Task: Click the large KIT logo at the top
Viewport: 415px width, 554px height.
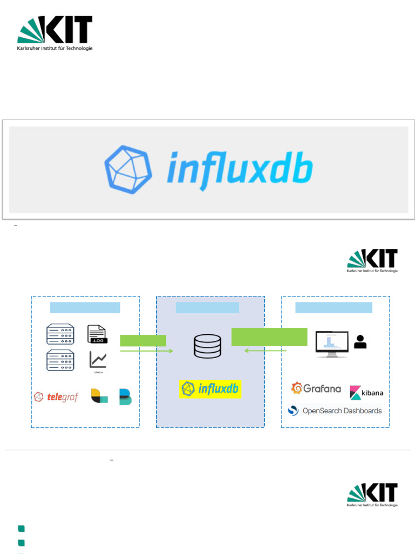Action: click(x=55, y=33)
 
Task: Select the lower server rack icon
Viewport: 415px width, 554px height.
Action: click(x=60, y=360)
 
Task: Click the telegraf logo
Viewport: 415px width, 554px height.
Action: click(x=56, y=397)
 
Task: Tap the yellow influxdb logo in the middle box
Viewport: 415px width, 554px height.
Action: click(x=210, y=388)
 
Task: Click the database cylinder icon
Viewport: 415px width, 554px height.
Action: click(x=207, y=347)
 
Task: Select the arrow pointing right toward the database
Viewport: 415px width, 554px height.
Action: click(x=146, y=351)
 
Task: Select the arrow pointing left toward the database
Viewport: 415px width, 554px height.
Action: click(x=265, y=351)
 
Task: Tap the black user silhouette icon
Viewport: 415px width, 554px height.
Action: click(x=360, y=341)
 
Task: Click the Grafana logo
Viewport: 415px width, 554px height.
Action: click(x=316, y=388)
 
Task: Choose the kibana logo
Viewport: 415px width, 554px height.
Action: click(x=366, y=392)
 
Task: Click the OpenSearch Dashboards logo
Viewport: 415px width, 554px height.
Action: click(x=335, y=411)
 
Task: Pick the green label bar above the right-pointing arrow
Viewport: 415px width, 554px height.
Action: click(x=143, y=340)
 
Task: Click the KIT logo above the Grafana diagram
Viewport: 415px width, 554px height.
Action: click(x=372, y=261)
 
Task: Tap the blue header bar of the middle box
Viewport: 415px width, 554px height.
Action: click(x=207, y=308)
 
